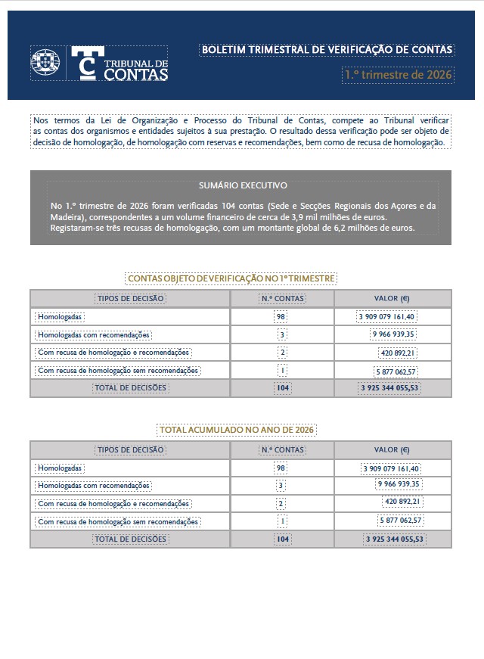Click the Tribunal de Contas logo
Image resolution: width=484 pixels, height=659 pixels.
coord(119,64)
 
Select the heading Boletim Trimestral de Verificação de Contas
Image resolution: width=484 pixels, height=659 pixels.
coord(327,50)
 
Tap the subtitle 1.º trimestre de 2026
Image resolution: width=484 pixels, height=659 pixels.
coord(397,75)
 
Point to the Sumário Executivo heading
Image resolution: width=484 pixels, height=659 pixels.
coord(243,185)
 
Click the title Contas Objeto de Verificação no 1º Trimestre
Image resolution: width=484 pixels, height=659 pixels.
coord(231,278)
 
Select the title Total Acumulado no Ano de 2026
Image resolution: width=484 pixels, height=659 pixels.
coord(236,430)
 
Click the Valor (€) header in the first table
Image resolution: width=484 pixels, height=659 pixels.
coord(392,298)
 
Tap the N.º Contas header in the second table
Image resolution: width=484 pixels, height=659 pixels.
coord(282,449)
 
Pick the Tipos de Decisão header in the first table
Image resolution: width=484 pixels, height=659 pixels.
coord(130,298)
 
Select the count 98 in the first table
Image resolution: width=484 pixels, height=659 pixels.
coord(282,316)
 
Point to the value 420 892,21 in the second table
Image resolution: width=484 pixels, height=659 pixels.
coord(401,502)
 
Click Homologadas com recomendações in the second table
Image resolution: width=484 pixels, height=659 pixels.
coord(94,485)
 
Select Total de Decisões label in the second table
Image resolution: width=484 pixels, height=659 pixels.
coord(129,539)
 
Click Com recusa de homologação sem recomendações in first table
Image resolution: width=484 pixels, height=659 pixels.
coord(118,371)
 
